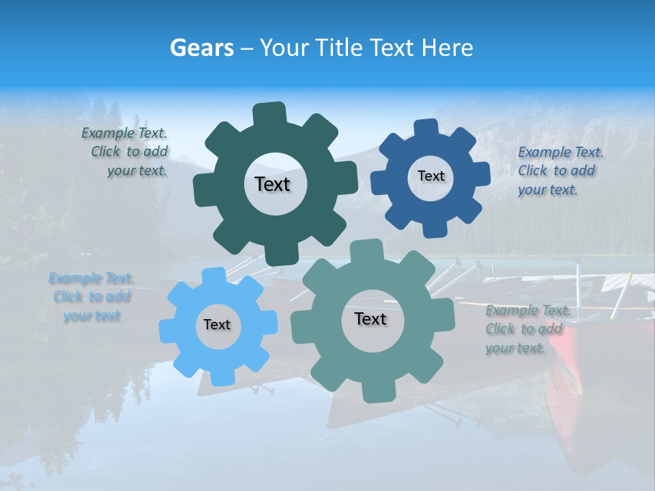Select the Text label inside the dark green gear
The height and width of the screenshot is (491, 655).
coord(272,184)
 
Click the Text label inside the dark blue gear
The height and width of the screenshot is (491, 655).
coord(431,176)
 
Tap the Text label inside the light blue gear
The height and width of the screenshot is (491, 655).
coord(217,325)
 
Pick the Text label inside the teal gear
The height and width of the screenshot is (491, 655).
coord(370,318)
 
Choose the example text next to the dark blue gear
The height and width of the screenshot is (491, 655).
coord(559,170)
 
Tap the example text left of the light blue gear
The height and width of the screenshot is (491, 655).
coord(91,297)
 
